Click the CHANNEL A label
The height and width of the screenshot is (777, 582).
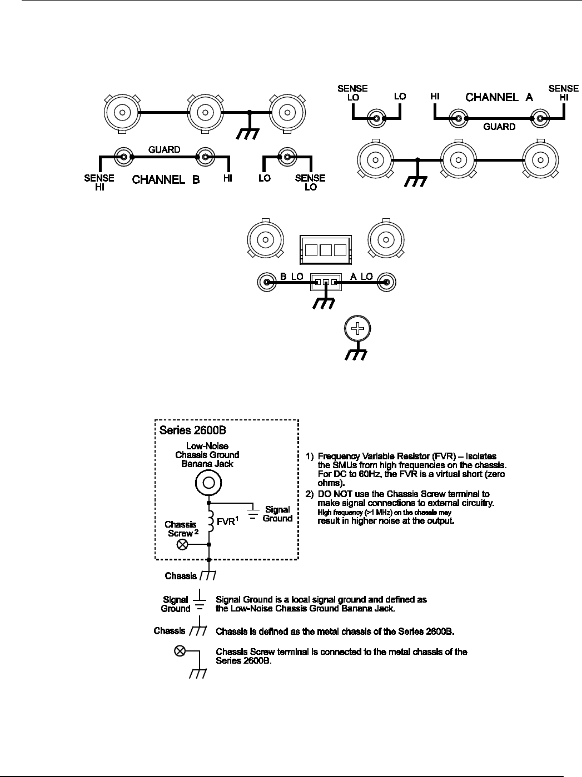coord(499,97)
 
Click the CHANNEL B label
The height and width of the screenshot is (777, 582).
coord(166,179)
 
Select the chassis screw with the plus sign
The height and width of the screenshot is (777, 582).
coord(359,329)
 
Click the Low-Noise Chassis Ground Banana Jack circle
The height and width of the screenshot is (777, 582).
coord(208,483)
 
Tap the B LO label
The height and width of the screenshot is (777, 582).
coord(291,276)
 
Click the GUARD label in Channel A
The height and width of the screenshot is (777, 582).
coord(499,127)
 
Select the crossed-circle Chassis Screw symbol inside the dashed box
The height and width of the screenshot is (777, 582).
coord(182,545)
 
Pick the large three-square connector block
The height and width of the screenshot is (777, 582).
coord(325,249)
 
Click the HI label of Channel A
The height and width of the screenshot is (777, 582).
coord(436,97)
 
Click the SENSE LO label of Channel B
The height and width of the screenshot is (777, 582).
coord(310,182)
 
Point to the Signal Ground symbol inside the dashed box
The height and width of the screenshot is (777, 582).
coord(253,514)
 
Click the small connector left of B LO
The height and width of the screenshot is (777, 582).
coord(266,282)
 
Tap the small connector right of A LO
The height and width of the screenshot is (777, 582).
coord(385,282)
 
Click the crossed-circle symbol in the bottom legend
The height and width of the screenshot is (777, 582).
coord(181,651)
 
